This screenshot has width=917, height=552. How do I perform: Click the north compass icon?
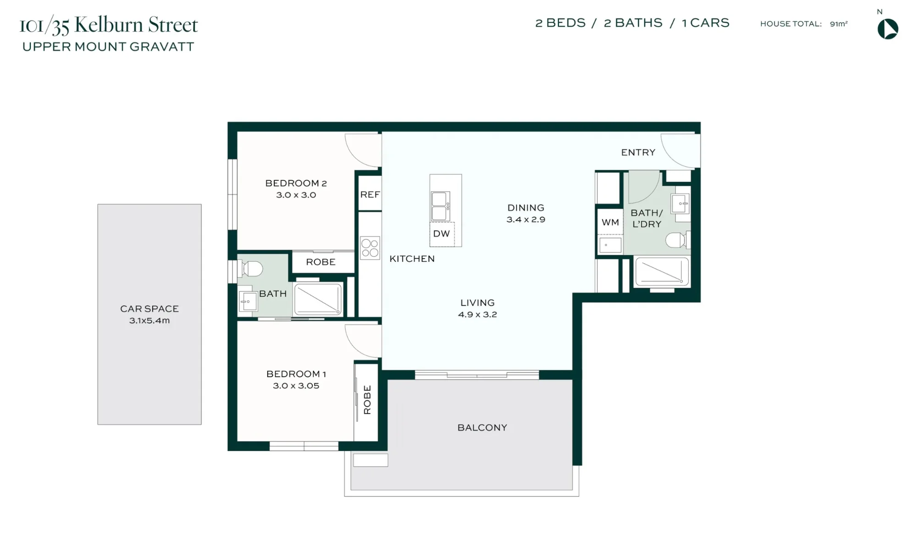tap(888, 29)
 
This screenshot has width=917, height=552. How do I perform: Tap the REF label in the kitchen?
tap(370, 195)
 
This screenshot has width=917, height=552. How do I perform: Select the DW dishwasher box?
tap(442, 234)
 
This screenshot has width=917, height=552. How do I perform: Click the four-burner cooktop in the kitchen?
tap(370, 248)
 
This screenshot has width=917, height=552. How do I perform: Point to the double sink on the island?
tap(440, 206)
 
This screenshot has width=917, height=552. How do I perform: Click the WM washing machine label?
tap(610, 222)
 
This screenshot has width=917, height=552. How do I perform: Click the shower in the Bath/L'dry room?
tap(662, 271)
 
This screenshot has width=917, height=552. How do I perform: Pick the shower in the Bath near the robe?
tap(318, 299)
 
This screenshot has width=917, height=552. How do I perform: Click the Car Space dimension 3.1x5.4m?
tap(149, 320)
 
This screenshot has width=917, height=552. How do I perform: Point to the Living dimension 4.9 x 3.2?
tap(477, 315)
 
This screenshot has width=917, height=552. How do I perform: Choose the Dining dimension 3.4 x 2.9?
tap(526, 220)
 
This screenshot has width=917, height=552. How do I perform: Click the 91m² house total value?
tap(839, 24)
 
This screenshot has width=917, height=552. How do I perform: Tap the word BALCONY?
tap(482, 428)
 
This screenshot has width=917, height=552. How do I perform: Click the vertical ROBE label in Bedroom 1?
tap(367, 400)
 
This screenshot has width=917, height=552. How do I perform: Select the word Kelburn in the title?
tap(109, 25)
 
